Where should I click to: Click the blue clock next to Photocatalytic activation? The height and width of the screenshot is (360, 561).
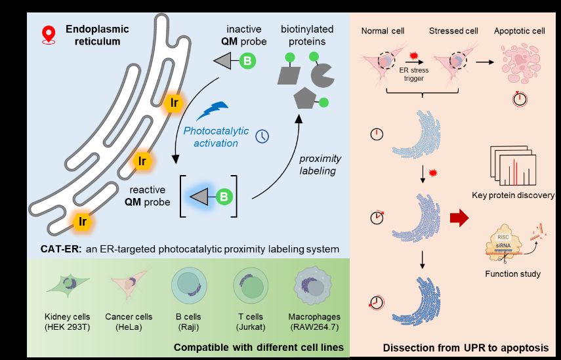tap(262, 136)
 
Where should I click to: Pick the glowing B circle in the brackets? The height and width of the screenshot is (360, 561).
tap(224, 196)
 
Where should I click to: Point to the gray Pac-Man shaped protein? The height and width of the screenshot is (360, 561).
tap(322, 75)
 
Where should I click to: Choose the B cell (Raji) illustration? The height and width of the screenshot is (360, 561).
tap(188, 286)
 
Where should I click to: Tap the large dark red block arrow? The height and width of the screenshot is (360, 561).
tap(460, 218)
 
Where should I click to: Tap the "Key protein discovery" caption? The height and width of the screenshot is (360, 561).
tap(512, 195)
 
